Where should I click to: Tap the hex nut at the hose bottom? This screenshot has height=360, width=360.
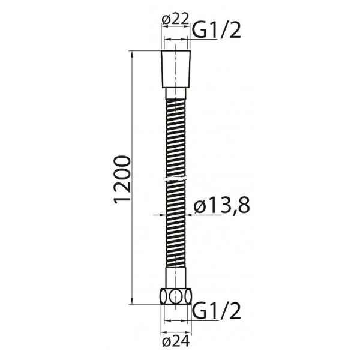[x=176, y=296]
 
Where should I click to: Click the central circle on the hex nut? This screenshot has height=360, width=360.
[x=176, y=296]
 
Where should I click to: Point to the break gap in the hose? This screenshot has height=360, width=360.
[x=176, y=179]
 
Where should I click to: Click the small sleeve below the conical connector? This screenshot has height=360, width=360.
[x=176, y=94]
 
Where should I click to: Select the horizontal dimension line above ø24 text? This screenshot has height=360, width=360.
[x=175, y=329]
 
